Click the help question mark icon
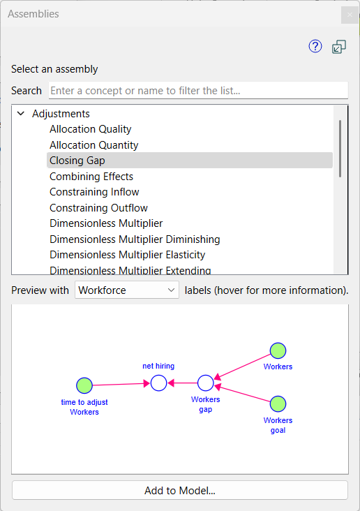315,46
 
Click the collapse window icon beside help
339,47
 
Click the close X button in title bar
350,15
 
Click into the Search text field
198,90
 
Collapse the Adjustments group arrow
21,113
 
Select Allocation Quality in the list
90,129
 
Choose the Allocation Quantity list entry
93,145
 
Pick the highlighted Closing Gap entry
77,161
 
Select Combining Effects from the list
91,177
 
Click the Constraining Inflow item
94,192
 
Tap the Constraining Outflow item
98,208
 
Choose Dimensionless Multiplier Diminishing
135,239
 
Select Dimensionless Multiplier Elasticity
128,255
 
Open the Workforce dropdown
127,290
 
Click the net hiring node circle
158,383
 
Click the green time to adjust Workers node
84,385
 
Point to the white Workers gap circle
206,383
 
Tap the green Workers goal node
278,404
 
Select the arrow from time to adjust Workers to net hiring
121,384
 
